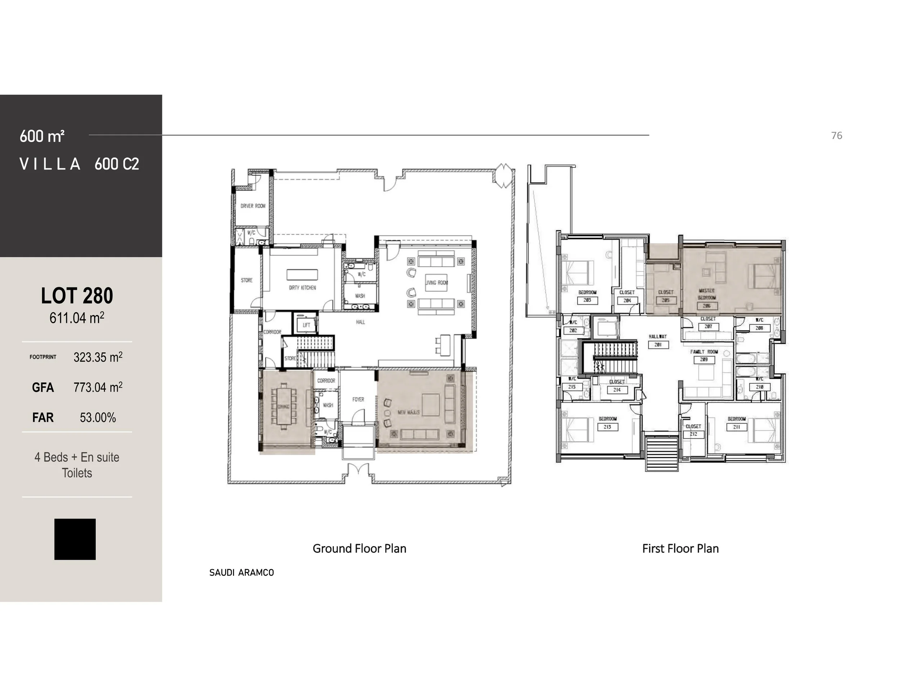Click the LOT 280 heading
(x=77, y=296)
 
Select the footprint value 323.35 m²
(x=98, y=357)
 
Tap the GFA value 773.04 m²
(x=98, y=387)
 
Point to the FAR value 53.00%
(x=98, y=418)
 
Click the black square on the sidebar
(x=75, y=539)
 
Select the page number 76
(x=837, y=136)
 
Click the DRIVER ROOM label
(x=253, y=206)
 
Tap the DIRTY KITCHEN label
(x=302, y=288)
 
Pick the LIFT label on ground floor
(x=306, y=325)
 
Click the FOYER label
(x=358, y=399)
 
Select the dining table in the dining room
(x=284, y=406)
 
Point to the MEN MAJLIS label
(x=408, y=412)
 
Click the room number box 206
(x=707, y=306)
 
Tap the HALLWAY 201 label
(x=658, y=340)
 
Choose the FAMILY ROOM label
(x=704, y=352)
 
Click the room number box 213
(x=607, y=427)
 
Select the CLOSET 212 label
(x=693, y=430)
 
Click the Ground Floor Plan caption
(x=359, y=548)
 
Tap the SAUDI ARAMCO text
(x=242, y=573)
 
